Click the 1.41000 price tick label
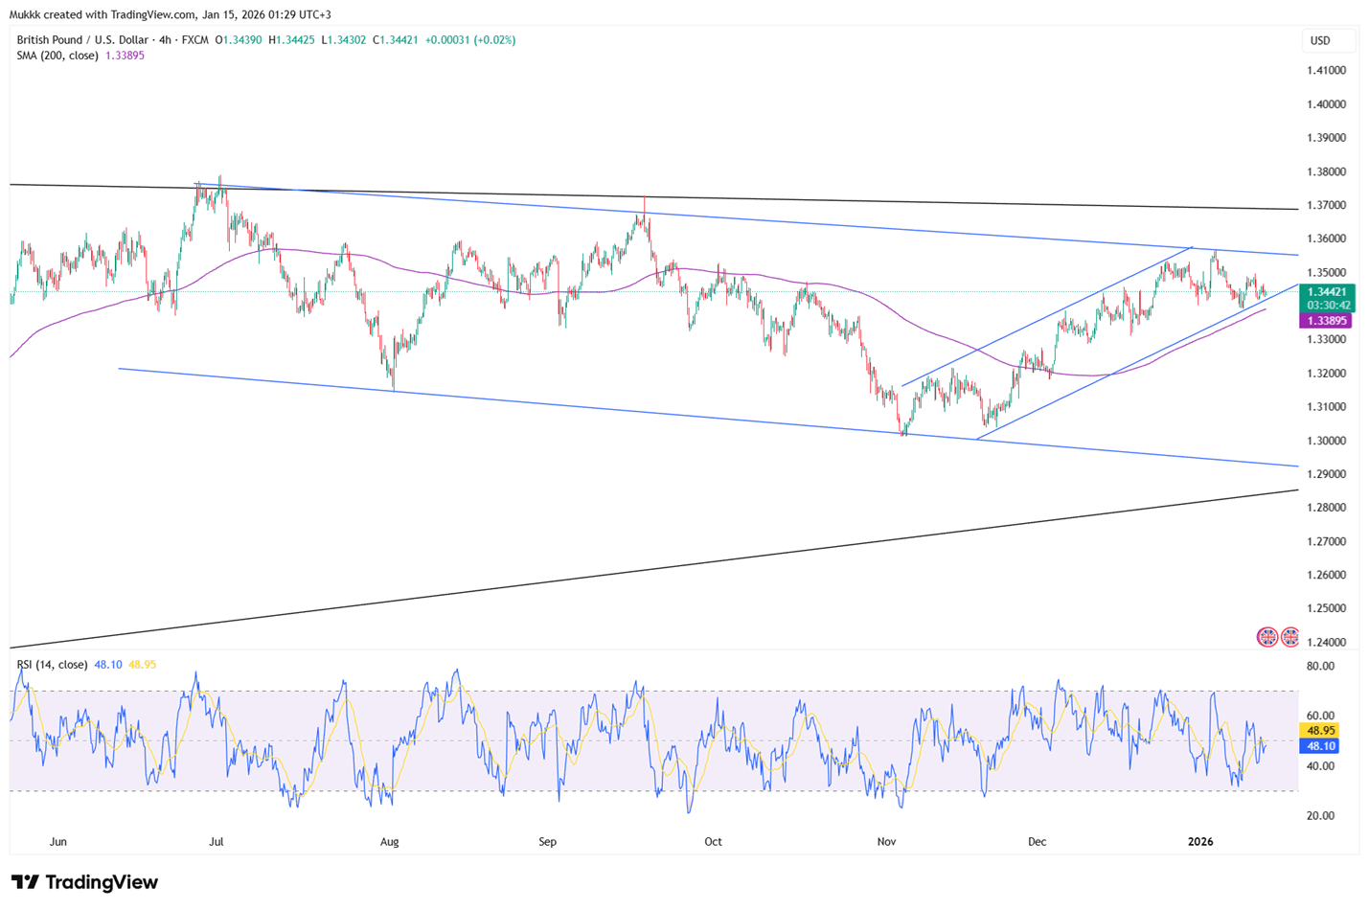point(1326,71)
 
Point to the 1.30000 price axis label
point(1326,441)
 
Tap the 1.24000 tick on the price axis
point(1326,643)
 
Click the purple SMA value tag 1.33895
point(1325,321)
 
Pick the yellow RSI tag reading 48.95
point(1318,730)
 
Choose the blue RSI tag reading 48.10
point(1318,745)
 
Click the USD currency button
point(1320,40)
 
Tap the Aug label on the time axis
point(389,842)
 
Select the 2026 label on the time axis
point(1199,842)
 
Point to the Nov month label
point(886,842)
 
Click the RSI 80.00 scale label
point(1320,667)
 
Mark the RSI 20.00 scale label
point(1320,816)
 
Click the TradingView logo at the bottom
point(84,882)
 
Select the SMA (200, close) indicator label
point(57,56)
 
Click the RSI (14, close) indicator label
point(52,665)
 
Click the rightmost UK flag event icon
point(1290,637)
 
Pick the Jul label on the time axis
point(217,842)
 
